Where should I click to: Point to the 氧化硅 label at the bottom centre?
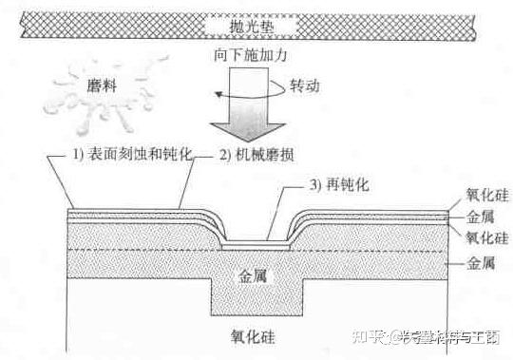(256, 335)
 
